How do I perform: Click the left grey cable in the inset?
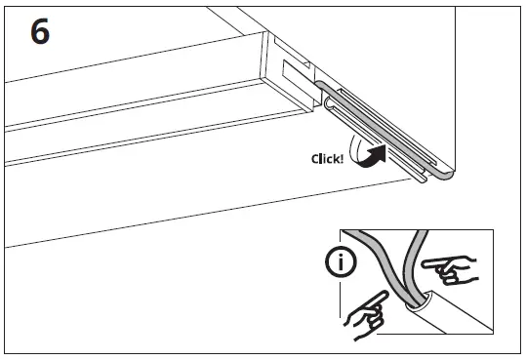click(x=376, y=263)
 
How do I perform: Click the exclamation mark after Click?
click(x=342, y=158)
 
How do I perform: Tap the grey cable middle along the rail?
click(x=390, y=137)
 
